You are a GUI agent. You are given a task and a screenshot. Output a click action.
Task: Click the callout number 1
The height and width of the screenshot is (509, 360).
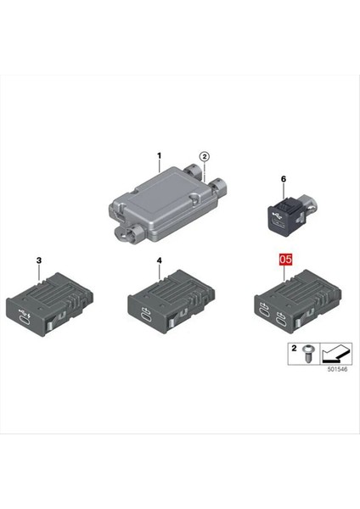coord(158,156)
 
